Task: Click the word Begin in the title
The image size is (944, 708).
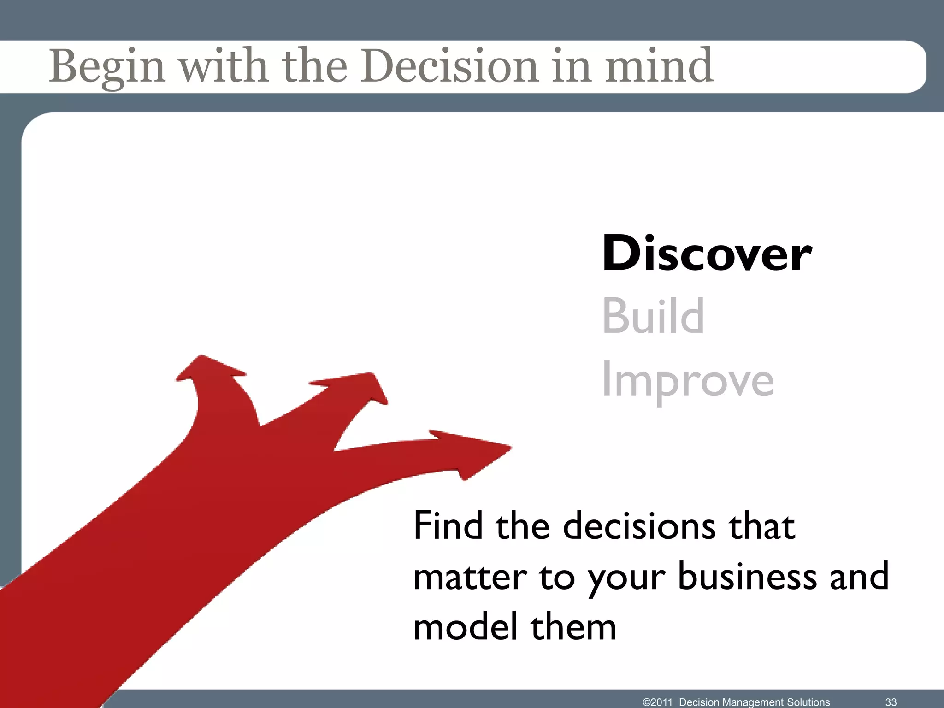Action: point(107,67)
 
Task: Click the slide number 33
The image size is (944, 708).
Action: point(891,702)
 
